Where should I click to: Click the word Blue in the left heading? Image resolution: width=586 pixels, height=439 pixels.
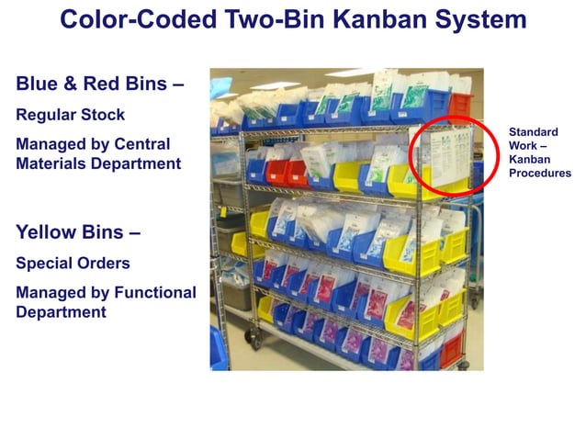coord(39,84)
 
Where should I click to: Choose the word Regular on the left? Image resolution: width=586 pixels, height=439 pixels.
coord(49,117)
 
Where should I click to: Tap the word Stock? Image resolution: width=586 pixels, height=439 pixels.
coord(104,116)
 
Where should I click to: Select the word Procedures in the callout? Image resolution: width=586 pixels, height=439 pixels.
coord(540,173)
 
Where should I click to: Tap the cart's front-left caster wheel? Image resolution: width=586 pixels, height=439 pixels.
coord(250,343)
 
